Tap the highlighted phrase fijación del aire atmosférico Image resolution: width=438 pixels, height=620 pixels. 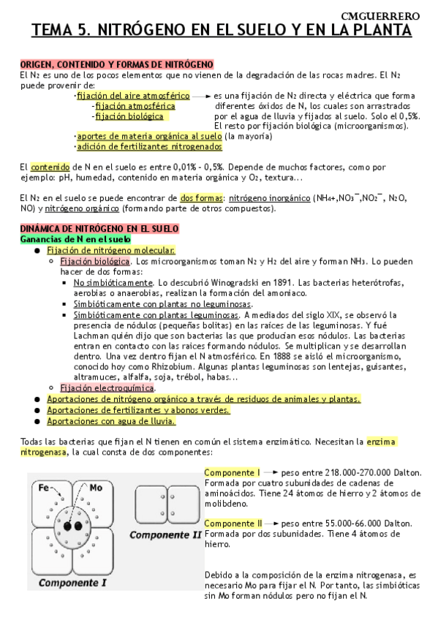pos(133,96)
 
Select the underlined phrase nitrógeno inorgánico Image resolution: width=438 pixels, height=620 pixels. pos(269,197)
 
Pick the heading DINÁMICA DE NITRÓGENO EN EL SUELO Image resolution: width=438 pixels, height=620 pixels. pos(99,229)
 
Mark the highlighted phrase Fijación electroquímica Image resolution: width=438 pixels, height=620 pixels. pos(107,387)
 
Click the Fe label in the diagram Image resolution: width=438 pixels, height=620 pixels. pos(44,487)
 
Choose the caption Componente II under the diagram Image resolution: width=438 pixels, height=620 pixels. pos(166,534)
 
